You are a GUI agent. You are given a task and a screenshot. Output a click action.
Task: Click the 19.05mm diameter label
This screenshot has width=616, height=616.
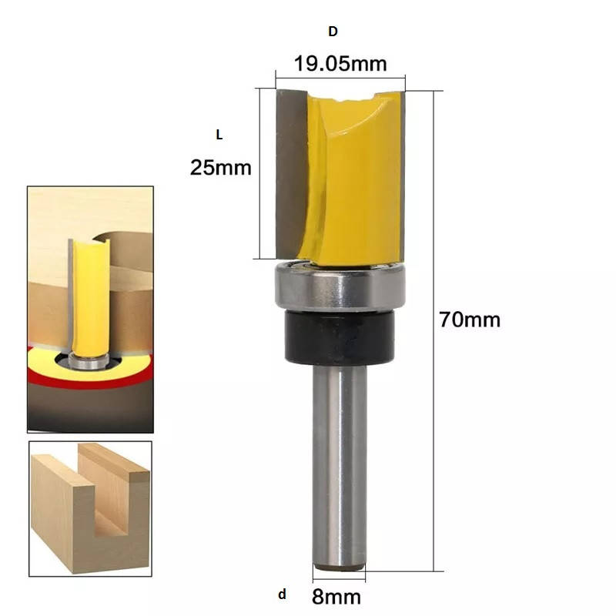click(340, 64)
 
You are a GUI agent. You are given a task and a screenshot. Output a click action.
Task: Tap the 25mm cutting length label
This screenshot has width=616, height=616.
click(221, 168)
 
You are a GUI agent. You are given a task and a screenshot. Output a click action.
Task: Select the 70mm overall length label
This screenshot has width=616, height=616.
click(470, 320)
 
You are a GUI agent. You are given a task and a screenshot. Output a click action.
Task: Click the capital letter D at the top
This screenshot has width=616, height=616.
click(333, 32)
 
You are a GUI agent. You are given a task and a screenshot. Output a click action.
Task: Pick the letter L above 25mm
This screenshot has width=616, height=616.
click(219, 135)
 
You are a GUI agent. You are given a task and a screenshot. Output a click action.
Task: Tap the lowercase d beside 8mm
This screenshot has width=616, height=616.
click(282, 594)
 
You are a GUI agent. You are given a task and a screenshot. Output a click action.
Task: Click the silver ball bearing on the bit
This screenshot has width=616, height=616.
click(340, 286)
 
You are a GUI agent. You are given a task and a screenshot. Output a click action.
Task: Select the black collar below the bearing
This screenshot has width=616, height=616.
click(340, 336)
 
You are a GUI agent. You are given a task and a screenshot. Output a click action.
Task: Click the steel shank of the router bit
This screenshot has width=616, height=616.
click(340, 466)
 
